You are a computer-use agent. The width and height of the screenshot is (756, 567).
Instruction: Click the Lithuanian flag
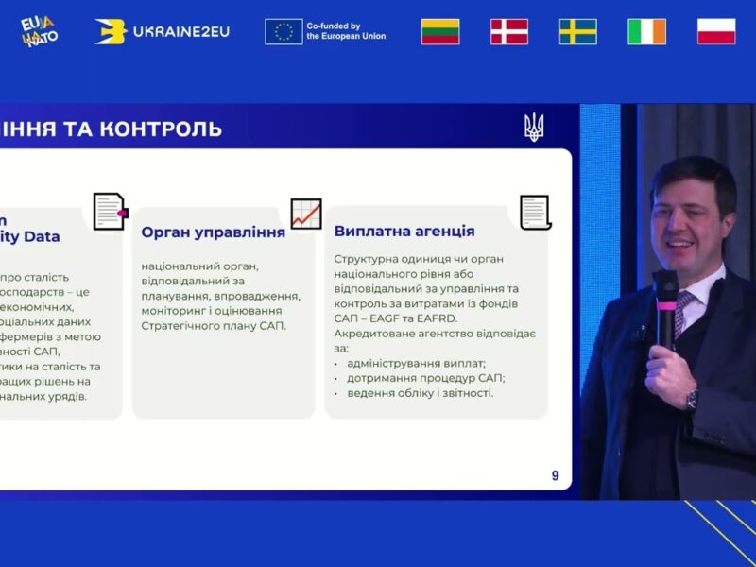click(x=439, y=31)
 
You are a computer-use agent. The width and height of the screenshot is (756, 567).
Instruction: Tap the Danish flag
click(x=508, y=31)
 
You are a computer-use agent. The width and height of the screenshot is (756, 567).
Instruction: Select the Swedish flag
click(x=577, y=31)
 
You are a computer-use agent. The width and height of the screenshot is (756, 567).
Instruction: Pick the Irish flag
click(x=646, y=31)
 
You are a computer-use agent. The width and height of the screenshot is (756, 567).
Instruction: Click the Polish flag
click(x=716, y=31)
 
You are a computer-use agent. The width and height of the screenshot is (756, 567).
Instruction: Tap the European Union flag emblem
click(x=283, y=31)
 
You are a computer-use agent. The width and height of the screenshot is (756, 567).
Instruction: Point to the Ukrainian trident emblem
click(x=534, y=127)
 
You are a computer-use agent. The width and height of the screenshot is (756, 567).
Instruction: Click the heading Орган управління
click(x=213, y=232)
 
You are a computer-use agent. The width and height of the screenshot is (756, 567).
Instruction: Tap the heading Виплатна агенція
click(x=404, y=231)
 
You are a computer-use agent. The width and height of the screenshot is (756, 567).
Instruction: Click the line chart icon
click(x=305, y=214)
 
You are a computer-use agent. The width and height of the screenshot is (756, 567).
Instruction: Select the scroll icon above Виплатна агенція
click(x=536, y=212)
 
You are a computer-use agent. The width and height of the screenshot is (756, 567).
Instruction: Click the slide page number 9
click(x=555, y=475)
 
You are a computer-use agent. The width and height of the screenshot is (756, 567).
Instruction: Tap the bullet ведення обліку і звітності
click(x=420, y=392)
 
